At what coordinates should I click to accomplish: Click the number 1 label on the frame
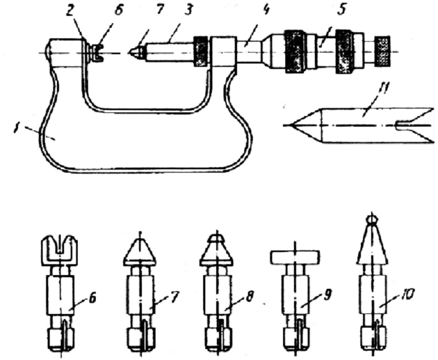tap(16, 129)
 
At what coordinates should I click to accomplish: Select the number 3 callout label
tap(188, 10)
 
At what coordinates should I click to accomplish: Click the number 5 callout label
tap(341, 9)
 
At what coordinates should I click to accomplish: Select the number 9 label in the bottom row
tap(327, 295)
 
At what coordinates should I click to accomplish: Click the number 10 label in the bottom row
tap(407, 294)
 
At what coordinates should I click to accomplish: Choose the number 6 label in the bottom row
tap(92, 298)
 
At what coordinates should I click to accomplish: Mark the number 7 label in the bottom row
tap(174, 297)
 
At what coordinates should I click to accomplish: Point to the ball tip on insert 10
tap(372, 219)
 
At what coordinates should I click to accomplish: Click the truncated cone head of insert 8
tap(216, 250)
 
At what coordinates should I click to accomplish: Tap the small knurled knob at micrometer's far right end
tap(382, 51)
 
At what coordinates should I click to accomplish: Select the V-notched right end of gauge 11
tap(416, 125)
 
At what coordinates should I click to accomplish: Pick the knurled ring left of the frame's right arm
tap(201, 51)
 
